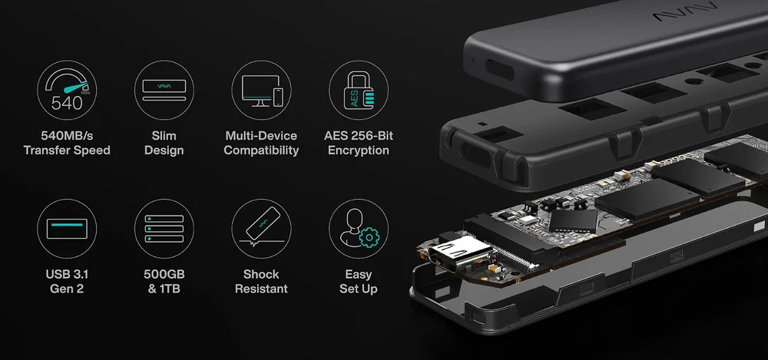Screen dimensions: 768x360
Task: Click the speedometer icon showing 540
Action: coord(67,90)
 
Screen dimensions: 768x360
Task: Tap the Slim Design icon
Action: coord(164,90)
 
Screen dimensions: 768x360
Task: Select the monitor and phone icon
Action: coord(262,90)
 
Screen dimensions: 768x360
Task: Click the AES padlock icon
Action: coord(359,90)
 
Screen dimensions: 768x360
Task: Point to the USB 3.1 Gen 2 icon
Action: coord(67,229)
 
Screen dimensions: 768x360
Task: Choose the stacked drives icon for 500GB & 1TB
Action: coord(164,229)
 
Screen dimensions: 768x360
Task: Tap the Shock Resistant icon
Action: coord(262,229)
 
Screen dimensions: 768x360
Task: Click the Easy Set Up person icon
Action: coord(359,229)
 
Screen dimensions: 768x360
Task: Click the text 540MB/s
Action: coord(67,136)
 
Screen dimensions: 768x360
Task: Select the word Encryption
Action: coord(359,150)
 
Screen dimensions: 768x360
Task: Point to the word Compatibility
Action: coord(262,150)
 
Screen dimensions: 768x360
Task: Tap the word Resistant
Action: coord(262,289)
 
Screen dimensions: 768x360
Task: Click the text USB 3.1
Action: coord(67,274)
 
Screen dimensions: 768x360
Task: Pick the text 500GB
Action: coord(164,274)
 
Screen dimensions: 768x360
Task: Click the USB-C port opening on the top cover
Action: coord(500,70)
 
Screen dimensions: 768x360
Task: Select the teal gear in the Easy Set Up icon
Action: coord(369,237)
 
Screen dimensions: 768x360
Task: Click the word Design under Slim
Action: coord(164,150)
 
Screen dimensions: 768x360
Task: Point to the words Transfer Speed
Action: coord(67,150)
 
